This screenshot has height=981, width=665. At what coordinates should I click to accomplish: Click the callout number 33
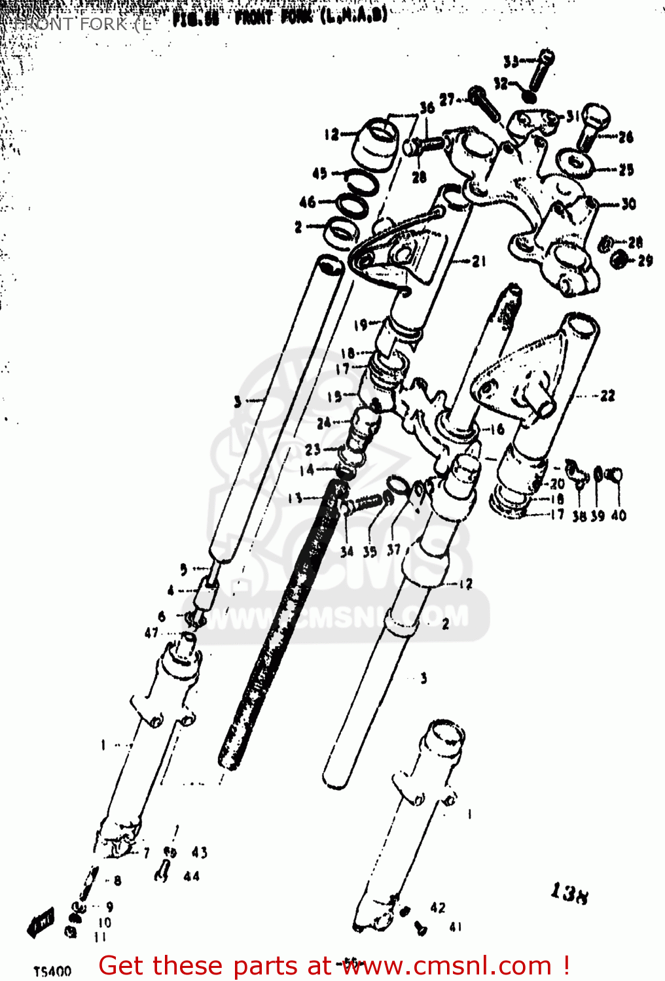point(511,62)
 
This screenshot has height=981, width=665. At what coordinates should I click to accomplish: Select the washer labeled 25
point(574,162)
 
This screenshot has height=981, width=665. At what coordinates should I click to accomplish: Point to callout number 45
point(319,173)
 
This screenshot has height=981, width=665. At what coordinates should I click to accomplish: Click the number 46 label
point(308,202)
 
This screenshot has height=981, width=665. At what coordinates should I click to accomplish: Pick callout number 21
point(479,261)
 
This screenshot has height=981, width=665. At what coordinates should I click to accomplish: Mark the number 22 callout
point(608,396)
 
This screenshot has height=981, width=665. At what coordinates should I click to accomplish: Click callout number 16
point(497,430)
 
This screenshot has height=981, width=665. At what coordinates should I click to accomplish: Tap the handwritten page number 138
point(569,893)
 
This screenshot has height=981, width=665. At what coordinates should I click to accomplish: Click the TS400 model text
point(52,971)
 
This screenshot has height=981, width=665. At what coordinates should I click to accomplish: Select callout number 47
point(152,632)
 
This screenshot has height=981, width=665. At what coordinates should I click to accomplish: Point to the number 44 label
point(192,876)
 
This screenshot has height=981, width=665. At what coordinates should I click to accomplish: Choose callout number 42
point(438,907)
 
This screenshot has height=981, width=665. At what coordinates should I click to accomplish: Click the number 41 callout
point(456,927)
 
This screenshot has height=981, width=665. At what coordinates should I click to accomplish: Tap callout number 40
point(619,515)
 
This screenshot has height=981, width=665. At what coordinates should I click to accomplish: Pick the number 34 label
point(347,551)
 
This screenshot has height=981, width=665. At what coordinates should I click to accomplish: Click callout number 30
point(628,203)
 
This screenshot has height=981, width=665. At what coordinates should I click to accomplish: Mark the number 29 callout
point(645,261)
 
